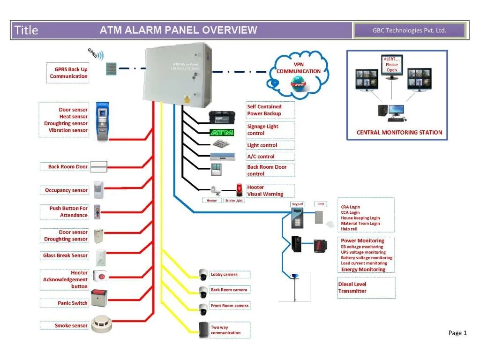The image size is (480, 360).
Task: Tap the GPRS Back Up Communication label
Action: [68, 73]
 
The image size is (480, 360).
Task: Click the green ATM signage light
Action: [221, 132]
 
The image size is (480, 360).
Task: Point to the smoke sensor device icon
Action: [103, 324]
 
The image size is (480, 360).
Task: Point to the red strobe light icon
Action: [240, 190]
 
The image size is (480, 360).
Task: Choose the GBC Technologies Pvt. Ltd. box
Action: [409, 30]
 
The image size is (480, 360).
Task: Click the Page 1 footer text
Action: [457, 333]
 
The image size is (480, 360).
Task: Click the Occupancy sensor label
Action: [66, 190]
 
